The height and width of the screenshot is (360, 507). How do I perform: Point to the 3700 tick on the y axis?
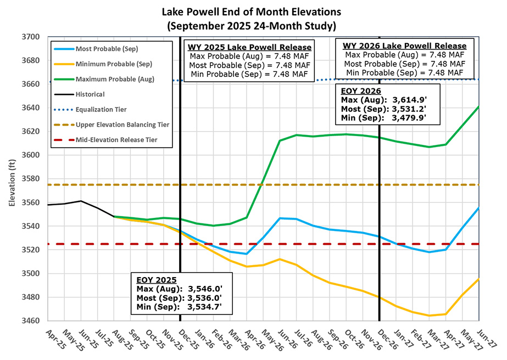[32, 37]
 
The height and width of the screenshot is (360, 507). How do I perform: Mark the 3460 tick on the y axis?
[32, 320]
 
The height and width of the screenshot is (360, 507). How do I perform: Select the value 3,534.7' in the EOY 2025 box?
[210, 307]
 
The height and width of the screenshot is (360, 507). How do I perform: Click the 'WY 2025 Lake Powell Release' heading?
[249, 46]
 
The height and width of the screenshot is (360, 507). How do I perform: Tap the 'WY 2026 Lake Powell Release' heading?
[405, 46]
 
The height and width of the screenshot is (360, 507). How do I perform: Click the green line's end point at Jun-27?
[478, 106]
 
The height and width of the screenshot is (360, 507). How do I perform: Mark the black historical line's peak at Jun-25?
[81, 201]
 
